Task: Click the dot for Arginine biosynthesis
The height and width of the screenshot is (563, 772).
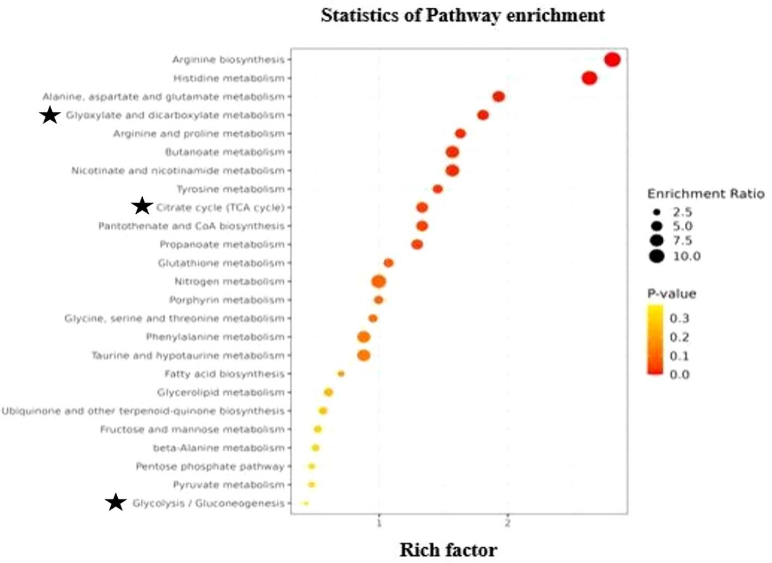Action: point(612,59)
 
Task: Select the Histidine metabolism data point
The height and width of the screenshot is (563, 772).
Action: point(589,78)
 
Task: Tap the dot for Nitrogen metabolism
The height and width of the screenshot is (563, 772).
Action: point(379,282)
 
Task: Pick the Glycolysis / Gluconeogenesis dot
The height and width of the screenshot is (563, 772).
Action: point(306,504)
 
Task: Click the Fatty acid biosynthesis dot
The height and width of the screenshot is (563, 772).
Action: point(341,374)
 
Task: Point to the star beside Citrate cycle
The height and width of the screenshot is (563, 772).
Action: point(142,206)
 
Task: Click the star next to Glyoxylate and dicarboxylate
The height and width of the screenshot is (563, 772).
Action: point(50,114)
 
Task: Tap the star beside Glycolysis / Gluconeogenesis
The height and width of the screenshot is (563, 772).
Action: point(116,502)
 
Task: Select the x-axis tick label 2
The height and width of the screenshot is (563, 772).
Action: point(508,524)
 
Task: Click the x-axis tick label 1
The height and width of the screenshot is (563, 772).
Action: point(379,524)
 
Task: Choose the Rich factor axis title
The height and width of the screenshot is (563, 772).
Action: point(448,550)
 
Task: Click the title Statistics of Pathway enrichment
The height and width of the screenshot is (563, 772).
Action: point(463,15)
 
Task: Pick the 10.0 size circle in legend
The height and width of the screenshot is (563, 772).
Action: point(656,256)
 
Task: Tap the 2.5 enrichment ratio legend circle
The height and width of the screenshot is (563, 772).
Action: point(656,211)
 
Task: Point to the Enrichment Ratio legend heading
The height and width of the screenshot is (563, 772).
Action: point(706,194)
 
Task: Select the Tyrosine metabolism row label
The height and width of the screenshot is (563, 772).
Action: point(230,189)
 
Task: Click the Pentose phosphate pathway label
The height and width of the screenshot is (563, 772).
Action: point(210,467)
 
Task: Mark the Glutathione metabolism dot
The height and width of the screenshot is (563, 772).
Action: point(388,263)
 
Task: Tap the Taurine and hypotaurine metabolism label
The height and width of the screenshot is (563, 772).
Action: point(188,356)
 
